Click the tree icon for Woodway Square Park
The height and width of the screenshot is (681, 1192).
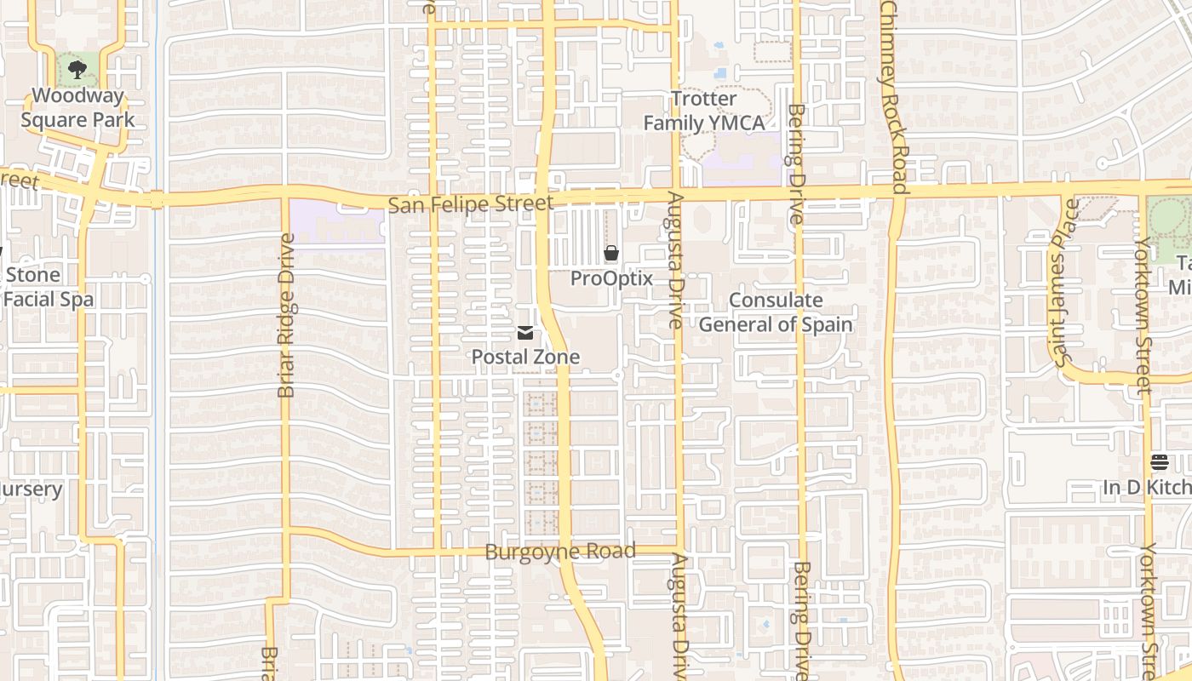click(x=77, y=70)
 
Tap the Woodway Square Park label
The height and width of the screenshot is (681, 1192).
click(x=77, y=107)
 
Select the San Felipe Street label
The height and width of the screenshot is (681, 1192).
click(x=470, y=204)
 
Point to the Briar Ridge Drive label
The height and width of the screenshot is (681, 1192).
click(x=286, y=315)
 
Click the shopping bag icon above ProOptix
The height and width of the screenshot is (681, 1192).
click(x=610, y=253)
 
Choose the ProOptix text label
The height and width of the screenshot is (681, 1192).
click(x=611, y=278)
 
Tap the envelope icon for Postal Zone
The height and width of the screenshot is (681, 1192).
click(x=525, y=333)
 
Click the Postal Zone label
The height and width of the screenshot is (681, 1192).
click(x=525, y=357)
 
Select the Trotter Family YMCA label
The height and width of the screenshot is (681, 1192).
click(x=704, y=111)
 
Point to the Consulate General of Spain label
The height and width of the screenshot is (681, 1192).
click(x=776, y=312)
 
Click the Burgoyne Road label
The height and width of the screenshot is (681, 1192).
click(x=560, y=552)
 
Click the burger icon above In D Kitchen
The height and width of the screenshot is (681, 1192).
click(x=1159, y=462)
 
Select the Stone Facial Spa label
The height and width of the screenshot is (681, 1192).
click(x=47, y=287)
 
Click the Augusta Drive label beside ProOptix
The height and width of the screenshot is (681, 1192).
click(x=675, y=260)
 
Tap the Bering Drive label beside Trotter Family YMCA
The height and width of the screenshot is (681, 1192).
click(x=796, y=163)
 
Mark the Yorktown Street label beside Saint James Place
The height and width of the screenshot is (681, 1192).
click(x=1142, y=315)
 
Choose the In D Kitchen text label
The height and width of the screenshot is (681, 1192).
click(x=1147, y=488)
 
